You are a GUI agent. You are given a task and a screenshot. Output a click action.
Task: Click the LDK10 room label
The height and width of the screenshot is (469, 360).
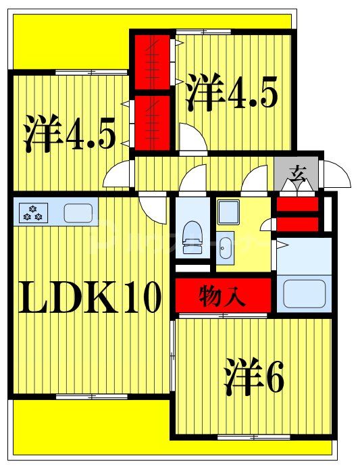90,297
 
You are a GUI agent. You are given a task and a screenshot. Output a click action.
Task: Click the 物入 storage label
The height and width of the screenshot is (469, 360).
223,295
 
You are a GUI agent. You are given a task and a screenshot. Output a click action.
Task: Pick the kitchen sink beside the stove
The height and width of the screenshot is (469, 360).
78,213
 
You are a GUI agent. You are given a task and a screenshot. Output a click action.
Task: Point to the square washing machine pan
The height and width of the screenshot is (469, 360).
228,212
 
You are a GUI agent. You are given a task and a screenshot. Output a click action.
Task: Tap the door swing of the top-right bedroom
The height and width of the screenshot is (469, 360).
192,139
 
